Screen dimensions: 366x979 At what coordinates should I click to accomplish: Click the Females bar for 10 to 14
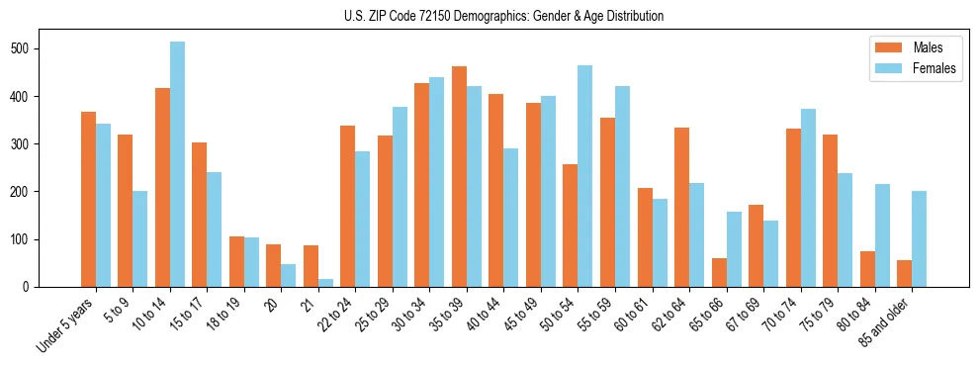coord(177,164)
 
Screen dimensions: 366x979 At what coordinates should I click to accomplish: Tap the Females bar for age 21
coord(325,283)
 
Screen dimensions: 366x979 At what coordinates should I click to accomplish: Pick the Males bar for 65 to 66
coord(719,272)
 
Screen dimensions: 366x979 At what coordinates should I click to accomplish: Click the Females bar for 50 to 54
coord(585,176)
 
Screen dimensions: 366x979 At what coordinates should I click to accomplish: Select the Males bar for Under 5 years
coord(88,225)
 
